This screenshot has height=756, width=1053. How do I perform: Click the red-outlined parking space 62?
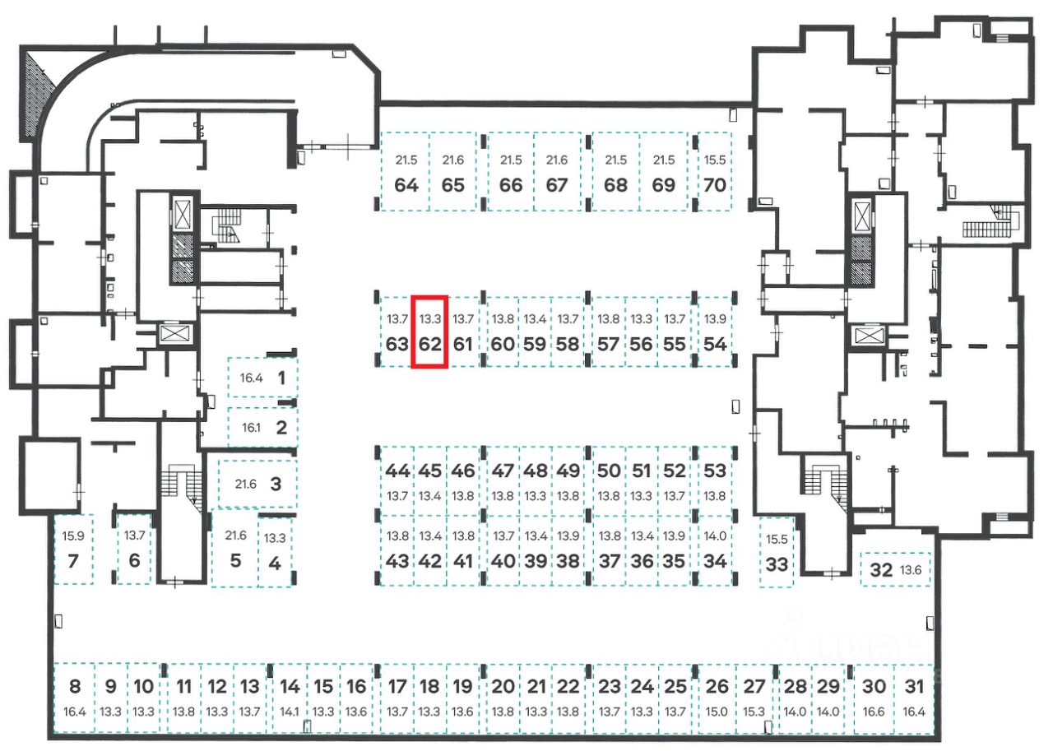429,332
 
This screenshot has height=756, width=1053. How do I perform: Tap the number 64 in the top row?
406,184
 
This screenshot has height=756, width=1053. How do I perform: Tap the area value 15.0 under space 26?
717,711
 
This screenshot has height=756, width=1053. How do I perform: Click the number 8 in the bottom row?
75,687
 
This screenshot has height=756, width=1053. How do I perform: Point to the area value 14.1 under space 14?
290,711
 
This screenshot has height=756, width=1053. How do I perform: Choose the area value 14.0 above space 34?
716,536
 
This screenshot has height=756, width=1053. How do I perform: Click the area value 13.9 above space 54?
716,318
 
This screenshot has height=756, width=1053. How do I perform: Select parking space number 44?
397,471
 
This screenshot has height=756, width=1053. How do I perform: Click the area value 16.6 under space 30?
874,711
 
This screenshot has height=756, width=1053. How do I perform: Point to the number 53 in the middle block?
716,471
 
